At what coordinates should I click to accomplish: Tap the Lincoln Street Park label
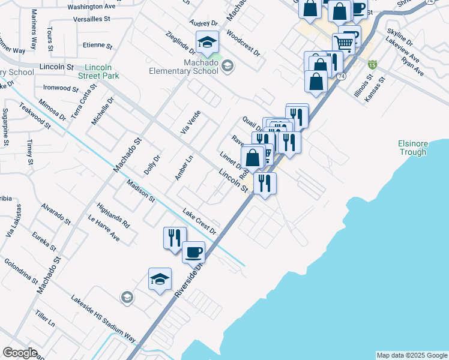[98, 71]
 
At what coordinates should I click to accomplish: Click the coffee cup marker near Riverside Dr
[193, 253]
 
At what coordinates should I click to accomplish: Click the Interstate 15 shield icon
[373, 64]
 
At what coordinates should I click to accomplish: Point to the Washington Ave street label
[91, 7]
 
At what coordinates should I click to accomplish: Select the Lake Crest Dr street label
[199, 221]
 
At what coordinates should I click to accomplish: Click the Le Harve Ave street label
[104, 229]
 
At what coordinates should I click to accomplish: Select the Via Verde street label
[190, 122]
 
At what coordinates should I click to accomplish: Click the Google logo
[20, 353]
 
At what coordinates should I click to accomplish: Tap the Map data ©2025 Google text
[412, 355]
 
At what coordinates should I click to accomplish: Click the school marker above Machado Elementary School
[207, 42]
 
